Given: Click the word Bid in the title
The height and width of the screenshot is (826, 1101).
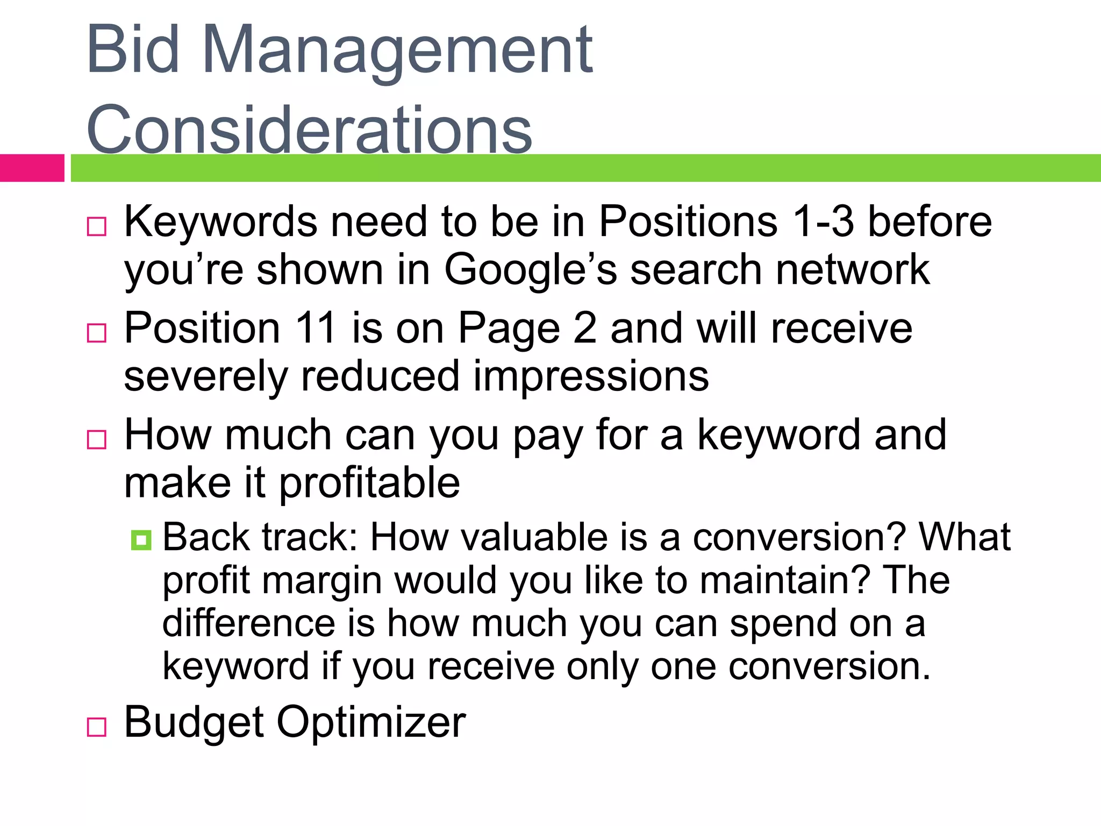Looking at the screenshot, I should point(132,51).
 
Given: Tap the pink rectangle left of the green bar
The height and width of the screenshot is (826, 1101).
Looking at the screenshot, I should point(32,168).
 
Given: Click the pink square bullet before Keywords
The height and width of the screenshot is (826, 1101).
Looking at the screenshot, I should point(97,226).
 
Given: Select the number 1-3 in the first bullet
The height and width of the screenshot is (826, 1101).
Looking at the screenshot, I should point(823,222).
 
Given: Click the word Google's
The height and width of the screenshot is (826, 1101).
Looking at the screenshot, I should point(531,270).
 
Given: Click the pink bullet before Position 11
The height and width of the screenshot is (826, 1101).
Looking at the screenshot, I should point(97,333).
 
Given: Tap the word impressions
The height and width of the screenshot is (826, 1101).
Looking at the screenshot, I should point(591,376).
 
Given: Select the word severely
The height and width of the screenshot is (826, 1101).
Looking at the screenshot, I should point(206,376).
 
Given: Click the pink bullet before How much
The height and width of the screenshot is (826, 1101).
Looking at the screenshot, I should point(97,439).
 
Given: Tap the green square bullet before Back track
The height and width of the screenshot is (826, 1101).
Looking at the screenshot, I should point(141,540).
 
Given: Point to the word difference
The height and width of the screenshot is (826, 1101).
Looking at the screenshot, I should point(249,623).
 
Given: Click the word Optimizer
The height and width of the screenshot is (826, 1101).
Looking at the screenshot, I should point(371,722).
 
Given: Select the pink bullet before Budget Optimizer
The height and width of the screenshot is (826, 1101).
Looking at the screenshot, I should point(97,727).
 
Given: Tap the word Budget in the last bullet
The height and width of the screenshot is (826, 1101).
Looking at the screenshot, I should point(194,722).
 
